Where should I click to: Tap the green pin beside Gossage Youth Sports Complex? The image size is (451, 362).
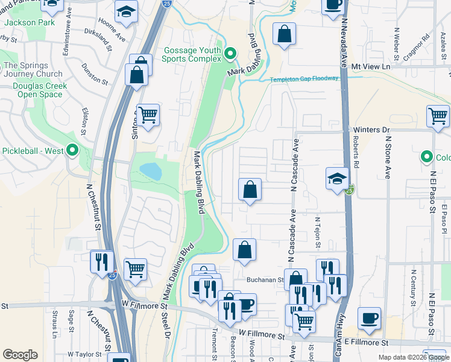point(230,55)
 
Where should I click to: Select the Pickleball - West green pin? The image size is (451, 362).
point(72,150)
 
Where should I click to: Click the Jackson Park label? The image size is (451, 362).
point(30,23)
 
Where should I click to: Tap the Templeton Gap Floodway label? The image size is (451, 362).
point(304,79)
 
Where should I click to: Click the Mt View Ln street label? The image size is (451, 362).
point(371,66)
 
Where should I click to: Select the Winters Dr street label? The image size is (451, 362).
point(373,130)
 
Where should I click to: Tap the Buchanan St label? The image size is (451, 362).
point(265,280)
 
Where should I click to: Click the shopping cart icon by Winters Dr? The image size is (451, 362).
point(438,116)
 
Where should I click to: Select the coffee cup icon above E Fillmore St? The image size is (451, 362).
point(369,317)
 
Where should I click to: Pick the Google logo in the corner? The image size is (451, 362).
point(20,355)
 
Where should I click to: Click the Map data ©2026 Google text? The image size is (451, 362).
point(414,358)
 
